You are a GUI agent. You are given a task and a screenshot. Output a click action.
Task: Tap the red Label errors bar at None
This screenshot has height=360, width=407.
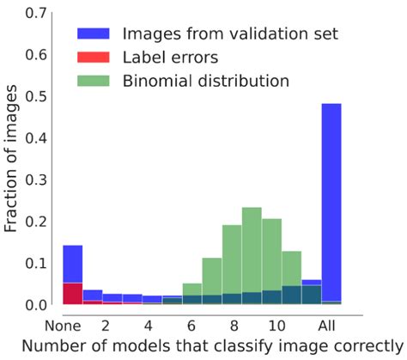tap(73, 294)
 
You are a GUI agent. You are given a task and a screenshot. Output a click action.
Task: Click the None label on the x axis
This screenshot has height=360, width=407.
tap(64, 326)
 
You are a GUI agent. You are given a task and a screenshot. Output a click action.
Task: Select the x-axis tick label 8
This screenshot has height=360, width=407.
tap(232, 326)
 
